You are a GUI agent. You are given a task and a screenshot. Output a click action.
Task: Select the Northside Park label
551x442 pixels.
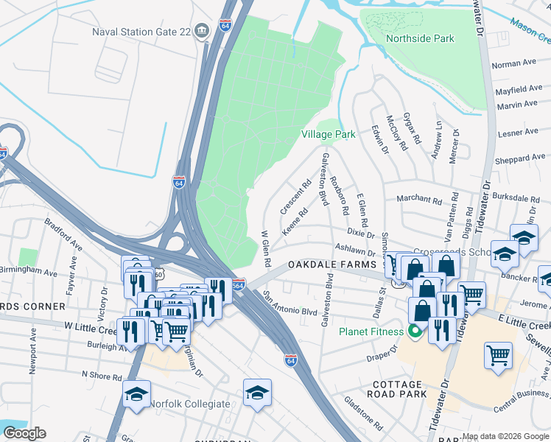pos(421,38)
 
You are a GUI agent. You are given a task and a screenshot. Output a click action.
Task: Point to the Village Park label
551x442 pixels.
pos(328,134)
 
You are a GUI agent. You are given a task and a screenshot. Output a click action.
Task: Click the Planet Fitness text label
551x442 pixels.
pos(371,331)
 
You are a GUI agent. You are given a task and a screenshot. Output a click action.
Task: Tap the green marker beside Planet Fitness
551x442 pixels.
pos(414,331)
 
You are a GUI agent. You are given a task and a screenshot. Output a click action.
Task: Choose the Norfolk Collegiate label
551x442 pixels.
pos(189,404)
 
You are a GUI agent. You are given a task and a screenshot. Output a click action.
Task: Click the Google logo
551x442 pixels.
pos(24,433)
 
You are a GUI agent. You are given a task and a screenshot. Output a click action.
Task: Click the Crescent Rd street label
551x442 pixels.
pos(292,196)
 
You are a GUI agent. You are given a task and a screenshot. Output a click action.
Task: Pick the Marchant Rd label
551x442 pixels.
pos(418,199)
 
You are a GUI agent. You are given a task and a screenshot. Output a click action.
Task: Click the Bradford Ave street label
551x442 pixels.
pos(60,234)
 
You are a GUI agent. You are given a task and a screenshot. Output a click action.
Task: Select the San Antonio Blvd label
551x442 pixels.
pos(290,304)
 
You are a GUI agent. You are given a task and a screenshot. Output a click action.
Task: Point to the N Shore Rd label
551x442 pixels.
pos(102,376)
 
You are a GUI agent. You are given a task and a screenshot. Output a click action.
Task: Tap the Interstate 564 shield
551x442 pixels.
pos(238,284)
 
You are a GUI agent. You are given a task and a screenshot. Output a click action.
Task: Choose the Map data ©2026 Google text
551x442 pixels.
pos(505,436)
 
